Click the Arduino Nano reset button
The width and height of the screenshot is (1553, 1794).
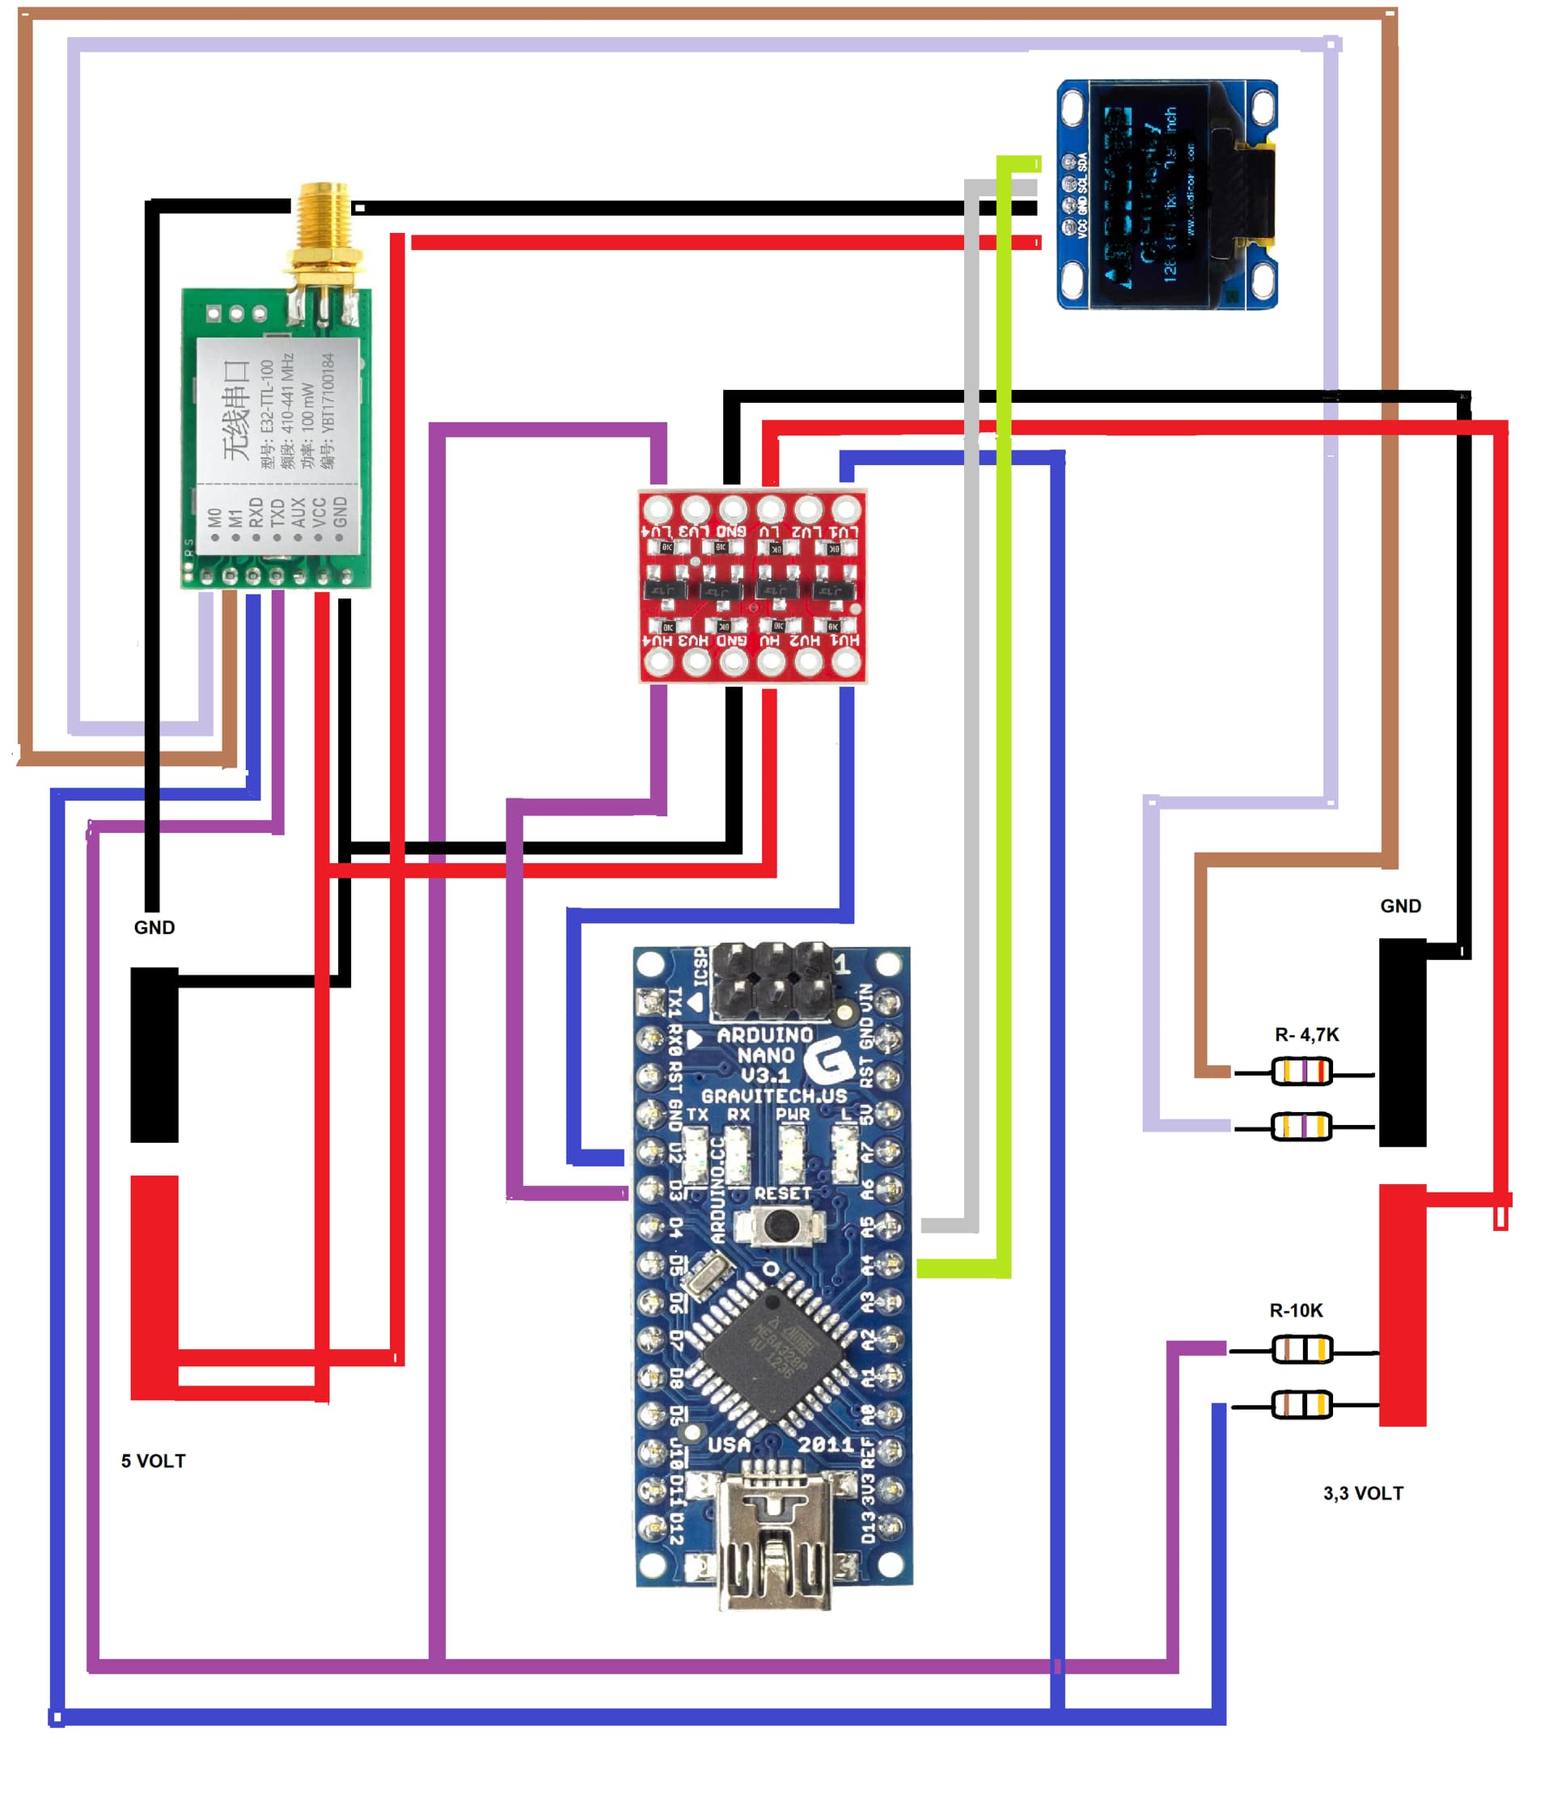click(x=780, y=1225)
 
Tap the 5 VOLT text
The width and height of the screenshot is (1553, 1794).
click(x=154, y=1460)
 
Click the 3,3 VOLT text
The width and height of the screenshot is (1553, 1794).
click(x=1362, y=1492)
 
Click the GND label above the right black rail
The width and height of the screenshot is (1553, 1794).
click(x=1399, y=906)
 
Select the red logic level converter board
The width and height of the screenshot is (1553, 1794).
click(x=751, y=586)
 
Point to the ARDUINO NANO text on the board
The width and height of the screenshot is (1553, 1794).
click(x=765, y=1045)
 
